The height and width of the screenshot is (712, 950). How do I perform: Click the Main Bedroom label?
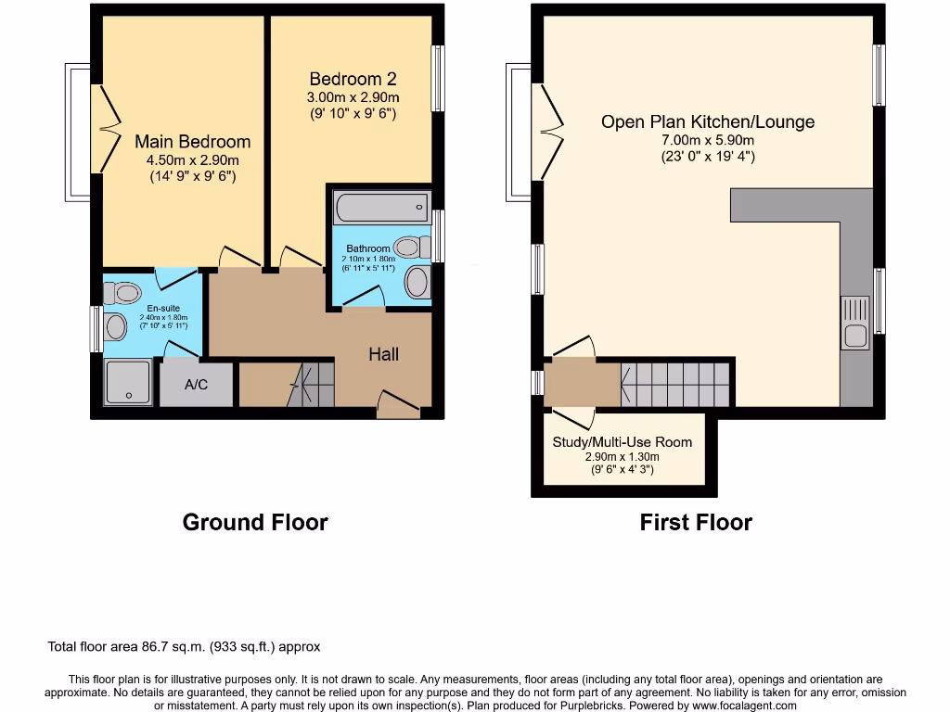[192, 142]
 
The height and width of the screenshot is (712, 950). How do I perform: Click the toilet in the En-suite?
[122, 292]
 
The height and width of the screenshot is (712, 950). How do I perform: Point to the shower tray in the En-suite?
[128, 383]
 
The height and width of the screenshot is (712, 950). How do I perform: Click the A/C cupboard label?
[196, 385]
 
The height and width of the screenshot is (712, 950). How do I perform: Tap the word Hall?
[383, 354]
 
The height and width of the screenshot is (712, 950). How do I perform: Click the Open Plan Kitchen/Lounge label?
[708, 121]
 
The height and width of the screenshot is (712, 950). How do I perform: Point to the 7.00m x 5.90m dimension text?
[708, 141]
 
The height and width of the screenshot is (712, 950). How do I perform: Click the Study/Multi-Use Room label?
[623, 442]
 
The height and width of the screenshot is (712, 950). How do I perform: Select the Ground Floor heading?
[255, 523]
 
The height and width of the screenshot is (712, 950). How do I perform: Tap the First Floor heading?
[696, 523]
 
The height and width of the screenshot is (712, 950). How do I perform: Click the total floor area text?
[184, 647]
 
